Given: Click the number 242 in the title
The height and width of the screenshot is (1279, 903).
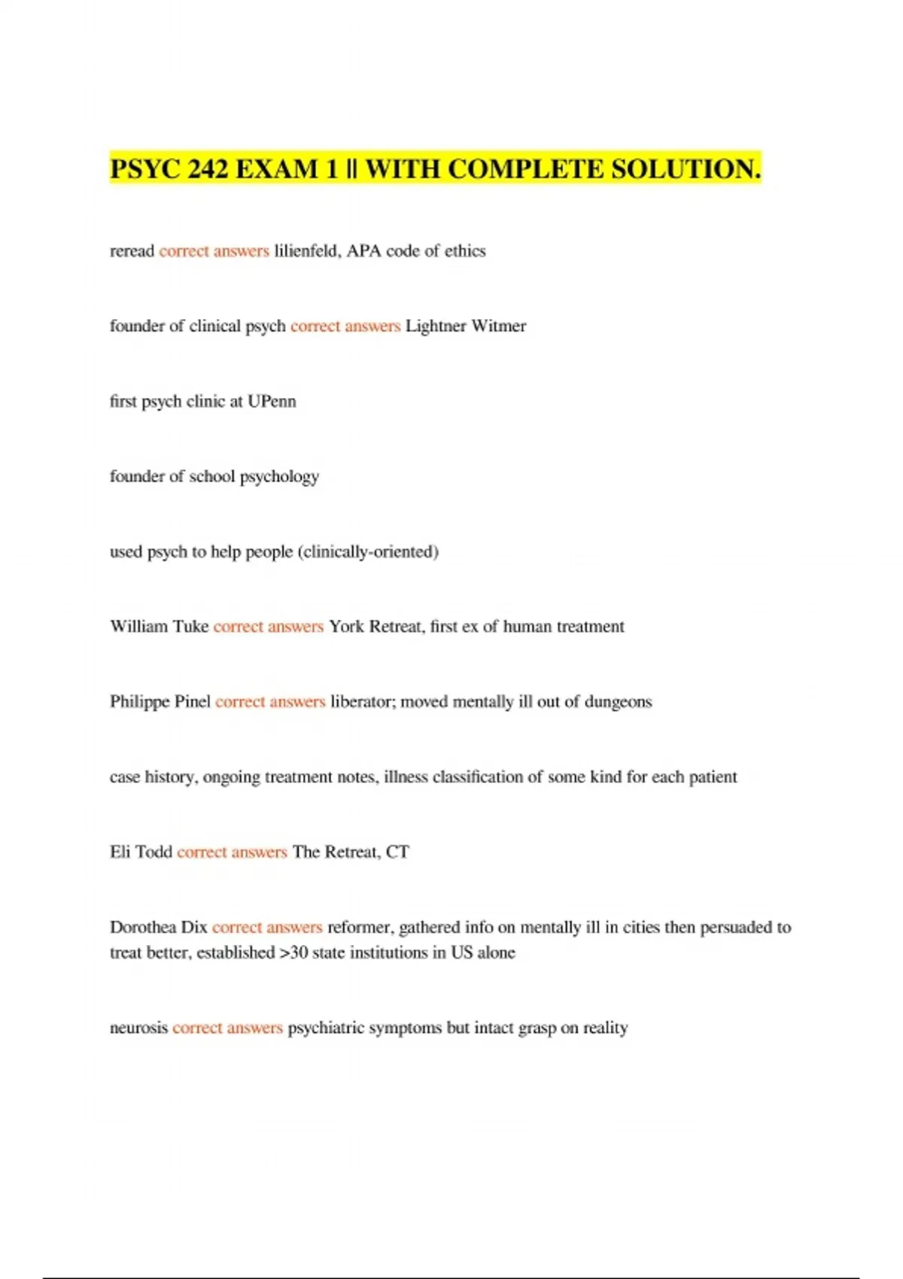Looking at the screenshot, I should coord(208,169).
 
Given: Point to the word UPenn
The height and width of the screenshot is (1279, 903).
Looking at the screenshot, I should coord(272,401).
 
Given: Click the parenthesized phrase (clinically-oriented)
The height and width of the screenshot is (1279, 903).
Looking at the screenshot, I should coord(368,551).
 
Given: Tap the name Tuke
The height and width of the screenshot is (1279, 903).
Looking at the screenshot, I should coord(190,627).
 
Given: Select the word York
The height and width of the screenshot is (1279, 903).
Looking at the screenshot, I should coord(346,627).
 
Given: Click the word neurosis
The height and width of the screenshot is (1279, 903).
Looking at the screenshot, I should coord(138,1028).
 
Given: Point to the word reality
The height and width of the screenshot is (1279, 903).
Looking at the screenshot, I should coord(605,1028).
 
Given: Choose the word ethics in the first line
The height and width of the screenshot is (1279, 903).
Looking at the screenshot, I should coord(465,251).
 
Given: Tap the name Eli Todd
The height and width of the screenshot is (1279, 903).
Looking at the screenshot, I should coord(141,852).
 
